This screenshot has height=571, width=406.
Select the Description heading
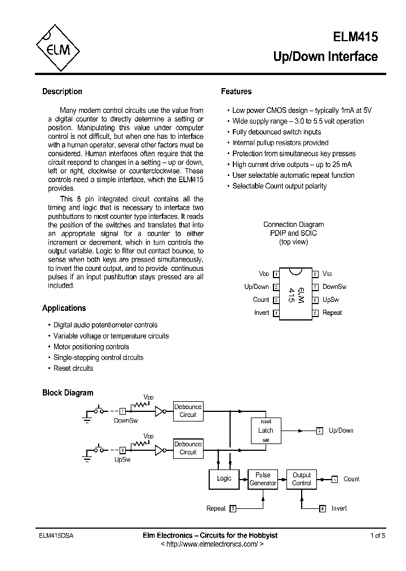(x=62, y=91)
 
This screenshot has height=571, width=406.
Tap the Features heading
(x=236, y=91)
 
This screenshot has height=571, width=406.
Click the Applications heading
(x=64, y=308)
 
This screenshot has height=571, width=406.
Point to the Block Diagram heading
(x=68, y=393)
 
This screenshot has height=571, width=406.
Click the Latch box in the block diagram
(x=266, y=431)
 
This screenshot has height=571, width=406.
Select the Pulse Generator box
(x=263, y=479)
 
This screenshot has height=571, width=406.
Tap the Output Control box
(x=302, y=479)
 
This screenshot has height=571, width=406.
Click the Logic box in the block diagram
(x=224, y=478)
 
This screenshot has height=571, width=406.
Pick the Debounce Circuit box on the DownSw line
(x=188, y=411)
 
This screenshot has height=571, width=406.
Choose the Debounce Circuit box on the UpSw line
(x=188, y=448)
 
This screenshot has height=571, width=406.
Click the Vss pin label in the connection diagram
(x=328, y=274)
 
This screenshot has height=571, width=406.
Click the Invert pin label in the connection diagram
(x=262, y=313)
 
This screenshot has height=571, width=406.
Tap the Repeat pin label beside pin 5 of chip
(x=332, y=313)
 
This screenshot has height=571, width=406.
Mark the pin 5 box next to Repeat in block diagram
(x=233, y=508)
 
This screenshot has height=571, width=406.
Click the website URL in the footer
(x=209, y=544)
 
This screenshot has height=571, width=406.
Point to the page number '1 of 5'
(x=378, y=535)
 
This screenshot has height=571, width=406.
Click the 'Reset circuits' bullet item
(x=73, y=368)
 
